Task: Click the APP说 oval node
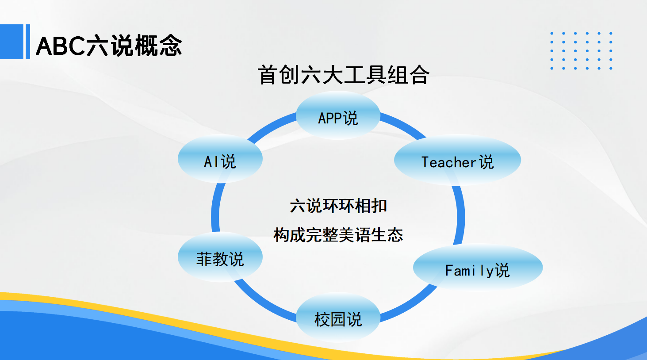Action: [338, 115]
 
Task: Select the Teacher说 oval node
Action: [458, 160]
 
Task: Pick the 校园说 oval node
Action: [338, 317]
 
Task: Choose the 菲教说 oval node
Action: [220, 257]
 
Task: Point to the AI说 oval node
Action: [220, 159]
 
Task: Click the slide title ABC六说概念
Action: [109, 45]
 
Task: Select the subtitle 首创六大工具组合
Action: [344, 75]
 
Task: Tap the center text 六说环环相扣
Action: [338, 206]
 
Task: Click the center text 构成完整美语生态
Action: [338, 234]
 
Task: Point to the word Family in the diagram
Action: [469, 271]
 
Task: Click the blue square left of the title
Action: [11, 42]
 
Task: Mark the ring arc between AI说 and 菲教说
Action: [215, 207]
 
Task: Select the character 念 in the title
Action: [170, 45]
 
